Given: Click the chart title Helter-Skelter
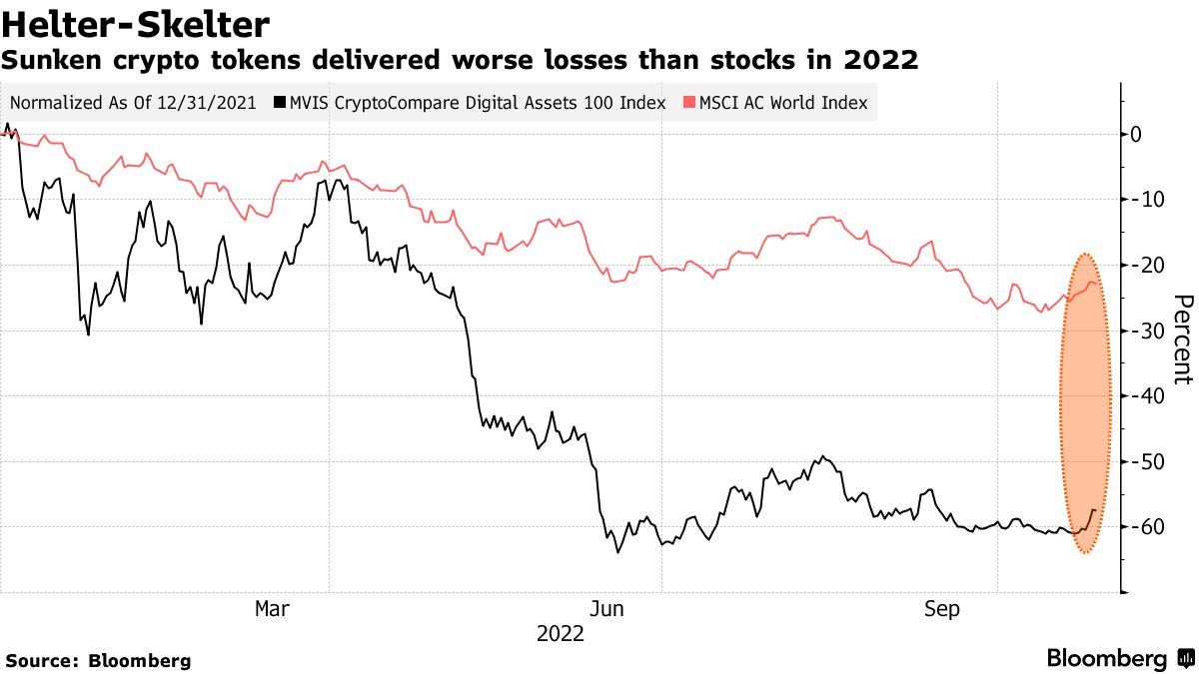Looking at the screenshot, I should point(137,23).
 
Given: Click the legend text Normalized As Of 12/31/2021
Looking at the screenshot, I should point(133,103).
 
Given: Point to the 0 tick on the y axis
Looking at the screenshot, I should point(1136,135).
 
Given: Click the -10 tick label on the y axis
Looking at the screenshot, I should point(1144,200).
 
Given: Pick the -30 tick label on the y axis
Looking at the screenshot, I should point(1144,331).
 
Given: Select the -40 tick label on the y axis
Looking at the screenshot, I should point(1144,396).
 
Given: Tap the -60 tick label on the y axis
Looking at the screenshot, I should point(1144,527).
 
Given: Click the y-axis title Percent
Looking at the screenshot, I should point(1182,339).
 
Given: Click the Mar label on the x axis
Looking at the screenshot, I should point(273,608).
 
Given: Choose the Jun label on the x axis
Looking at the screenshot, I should point(606,608).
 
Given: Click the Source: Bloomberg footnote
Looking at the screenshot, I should point(98,660).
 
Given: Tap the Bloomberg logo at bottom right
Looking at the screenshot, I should point(1119,658).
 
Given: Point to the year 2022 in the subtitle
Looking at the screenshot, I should point(880,61).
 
